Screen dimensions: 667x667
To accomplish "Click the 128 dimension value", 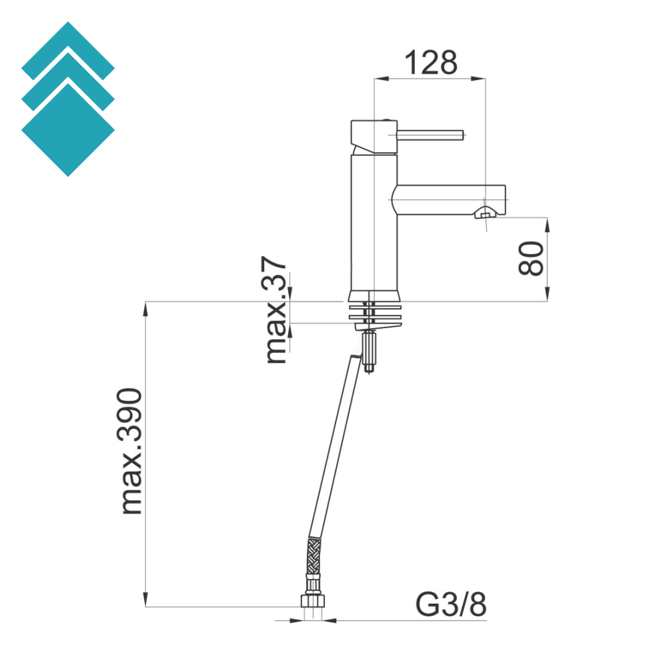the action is [430, 63].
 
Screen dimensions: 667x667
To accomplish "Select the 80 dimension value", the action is [532, 258].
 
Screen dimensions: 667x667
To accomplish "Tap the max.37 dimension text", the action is [275, 309].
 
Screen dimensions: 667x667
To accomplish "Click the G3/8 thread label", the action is [451, 604].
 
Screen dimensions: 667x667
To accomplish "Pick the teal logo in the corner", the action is [68, 99].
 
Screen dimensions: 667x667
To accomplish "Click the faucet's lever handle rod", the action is [430, 135].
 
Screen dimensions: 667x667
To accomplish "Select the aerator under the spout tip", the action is [485, 213].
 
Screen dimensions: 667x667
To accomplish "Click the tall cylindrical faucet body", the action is [374, 222].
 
